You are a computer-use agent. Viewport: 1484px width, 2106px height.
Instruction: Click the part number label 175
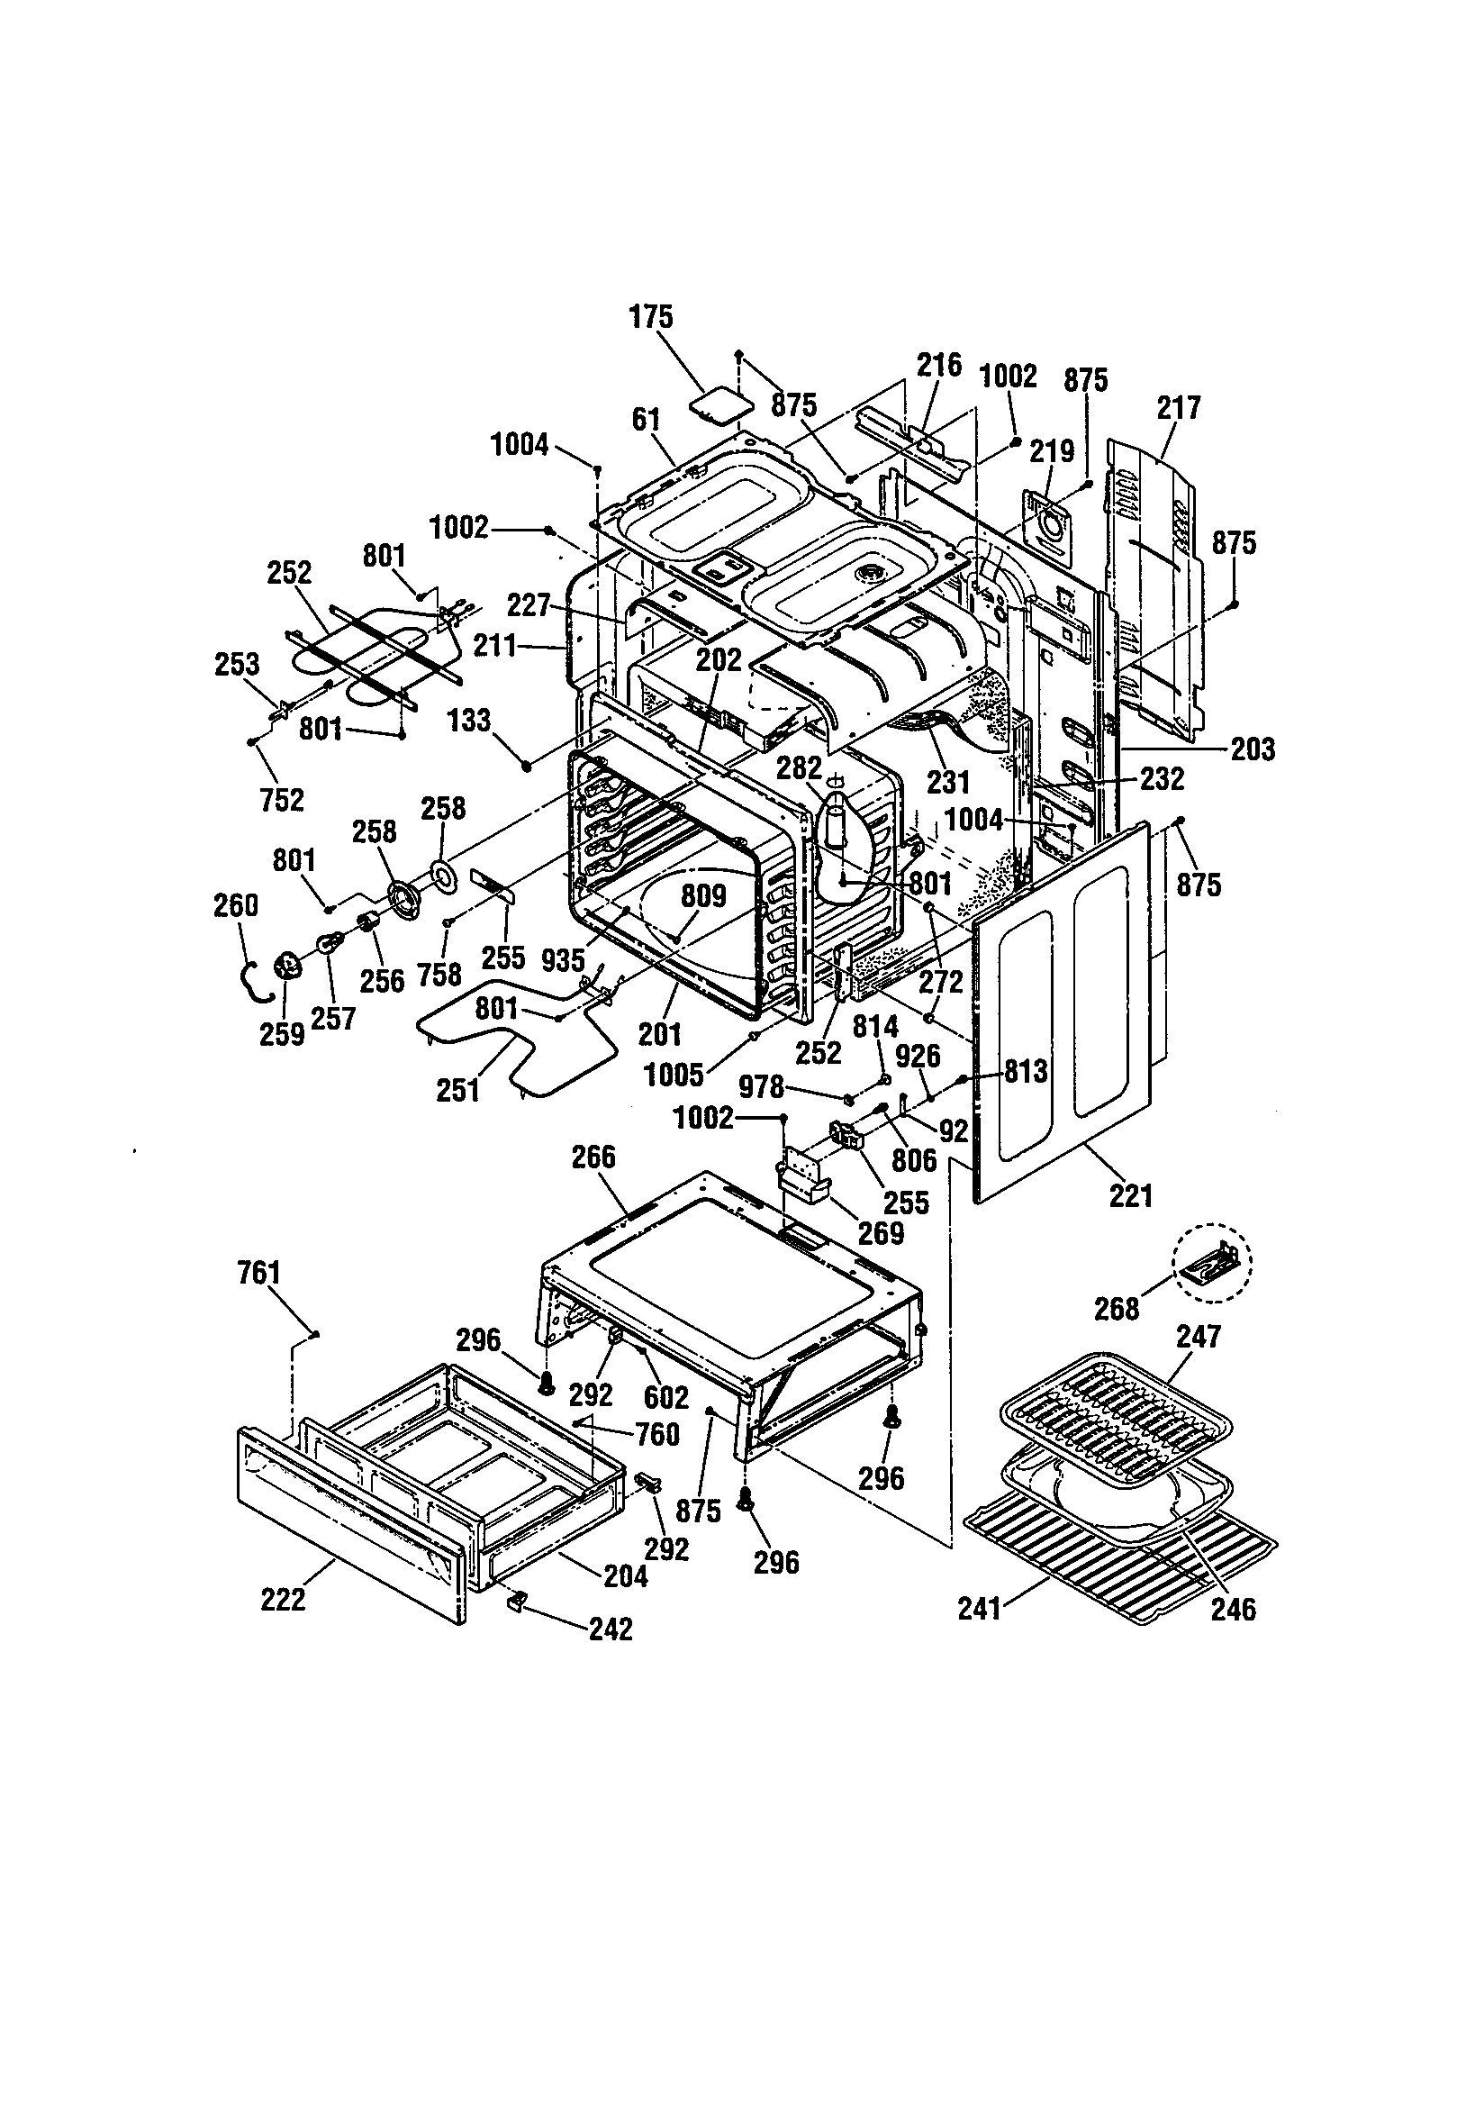(x=650, y=317)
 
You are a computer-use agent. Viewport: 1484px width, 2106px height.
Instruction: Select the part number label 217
(x=1178, y=407)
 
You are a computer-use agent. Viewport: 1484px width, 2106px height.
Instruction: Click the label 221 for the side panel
(x=1130, y=1195)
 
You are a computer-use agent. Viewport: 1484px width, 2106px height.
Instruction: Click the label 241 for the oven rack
(x=979, y=1609)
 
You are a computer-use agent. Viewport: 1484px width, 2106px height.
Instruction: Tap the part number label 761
(x=258, y=1273)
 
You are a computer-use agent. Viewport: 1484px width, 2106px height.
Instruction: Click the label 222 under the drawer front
(x=283, y=1599)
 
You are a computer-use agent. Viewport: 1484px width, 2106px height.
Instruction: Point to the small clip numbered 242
(x=516, y=1600)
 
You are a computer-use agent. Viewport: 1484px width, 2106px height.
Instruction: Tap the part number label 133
(x=469, y=720)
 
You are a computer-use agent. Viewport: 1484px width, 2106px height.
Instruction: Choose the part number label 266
(x=593, y=1157)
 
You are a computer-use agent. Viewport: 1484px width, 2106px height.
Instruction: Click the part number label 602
(x=665, y=1397)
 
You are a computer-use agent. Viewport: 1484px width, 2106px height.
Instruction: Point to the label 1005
(x=674, y=1074)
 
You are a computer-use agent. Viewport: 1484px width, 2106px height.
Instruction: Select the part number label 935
(x=562, y=960)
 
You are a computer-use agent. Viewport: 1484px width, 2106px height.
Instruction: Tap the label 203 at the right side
(x=1253, y=749)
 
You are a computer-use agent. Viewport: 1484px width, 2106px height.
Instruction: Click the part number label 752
(x=282, y=800)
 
